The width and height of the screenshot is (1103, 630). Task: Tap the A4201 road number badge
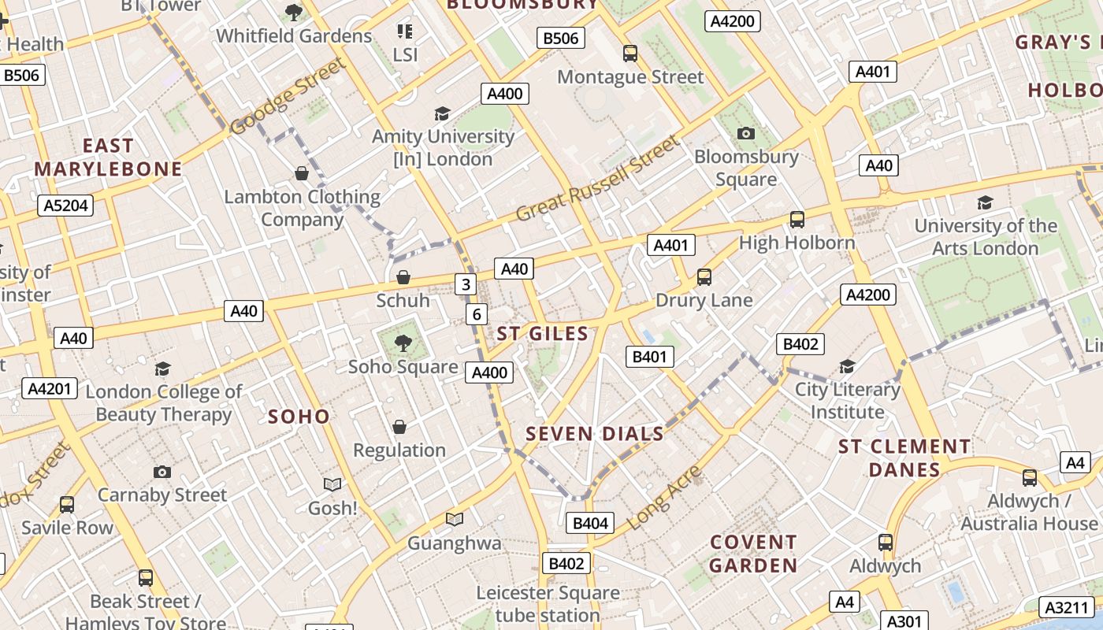(50, 387)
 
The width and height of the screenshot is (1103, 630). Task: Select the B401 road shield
(650, 357)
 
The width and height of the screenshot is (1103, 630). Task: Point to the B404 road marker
(590, 523)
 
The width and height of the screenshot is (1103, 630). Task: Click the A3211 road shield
(1067, 607)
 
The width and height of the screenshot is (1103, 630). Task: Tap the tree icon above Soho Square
(403, 343)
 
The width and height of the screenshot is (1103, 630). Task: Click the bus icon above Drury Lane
(704, 277)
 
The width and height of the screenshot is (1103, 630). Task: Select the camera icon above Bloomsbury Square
(746, 133)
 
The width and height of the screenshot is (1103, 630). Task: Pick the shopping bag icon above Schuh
(403, 277)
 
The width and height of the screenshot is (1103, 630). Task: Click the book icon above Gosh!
(332, 484)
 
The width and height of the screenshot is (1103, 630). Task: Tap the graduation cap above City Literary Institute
(847, 366)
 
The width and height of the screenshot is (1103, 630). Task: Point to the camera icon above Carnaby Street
(162, 472)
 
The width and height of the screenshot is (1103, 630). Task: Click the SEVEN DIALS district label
(594, 434)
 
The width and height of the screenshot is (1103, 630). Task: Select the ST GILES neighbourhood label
(543, 334)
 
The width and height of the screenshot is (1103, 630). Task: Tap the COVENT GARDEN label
(753, 554)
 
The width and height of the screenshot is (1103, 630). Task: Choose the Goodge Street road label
(288, 96)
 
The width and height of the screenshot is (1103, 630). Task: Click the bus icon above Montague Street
(630, 54)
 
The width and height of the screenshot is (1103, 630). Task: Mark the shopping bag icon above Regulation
(399, 427)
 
